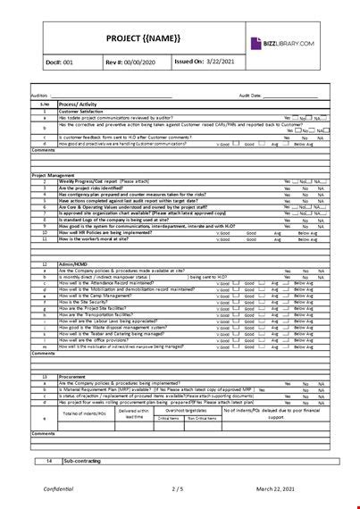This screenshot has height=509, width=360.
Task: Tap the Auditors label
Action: click(41, 95)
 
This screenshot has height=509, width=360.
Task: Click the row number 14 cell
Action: click(48, 461)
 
